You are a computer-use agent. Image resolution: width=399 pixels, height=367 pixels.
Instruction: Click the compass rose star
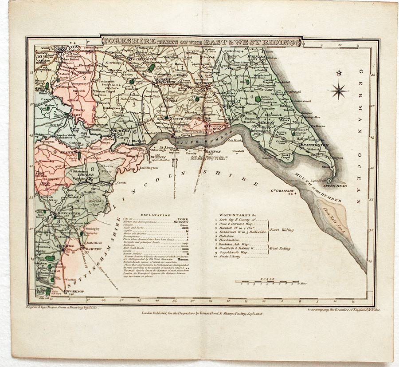[x=339, y=91]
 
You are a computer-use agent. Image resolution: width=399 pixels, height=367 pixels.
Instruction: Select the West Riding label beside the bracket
[x=280, y=249]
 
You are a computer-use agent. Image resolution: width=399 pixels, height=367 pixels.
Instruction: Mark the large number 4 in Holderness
[x=251, y=96]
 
